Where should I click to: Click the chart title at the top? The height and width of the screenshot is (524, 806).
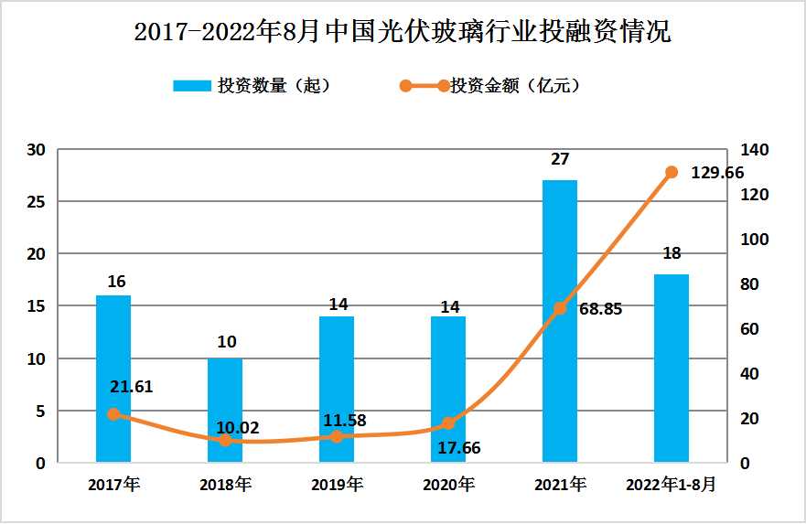pyautogui.click(x=403, y=32)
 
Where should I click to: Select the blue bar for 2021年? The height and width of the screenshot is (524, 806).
pyautogui.click(x=560, y=320)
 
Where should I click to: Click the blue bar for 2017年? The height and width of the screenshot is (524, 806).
pyautogui.click(x=113, y=379)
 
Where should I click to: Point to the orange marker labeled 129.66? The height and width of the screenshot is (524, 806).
pyautogui.click(x=672, y=172)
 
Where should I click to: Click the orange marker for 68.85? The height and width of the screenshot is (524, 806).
pyautogui.click(x=560, y=308)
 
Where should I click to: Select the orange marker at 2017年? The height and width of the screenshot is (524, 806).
pyautogui.click(x=113, y=414)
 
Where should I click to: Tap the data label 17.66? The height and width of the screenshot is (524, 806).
pyautogui.click(x=457, y=448)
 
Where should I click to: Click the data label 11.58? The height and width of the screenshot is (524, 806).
pyautogui.click(x=345, y=421)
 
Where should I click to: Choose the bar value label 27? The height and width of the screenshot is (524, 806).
pyautogui.click(x=560, y=159)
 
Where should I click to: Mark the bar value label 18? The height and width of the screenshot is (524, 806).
pyautogui.click(x=672, y=253)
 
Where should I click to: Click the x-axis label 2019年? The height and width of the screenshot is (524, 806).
pyautogui.click(x=338, y=485)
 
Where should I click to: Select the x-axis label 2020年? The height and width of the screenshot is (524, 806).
pyautogui.click(x=449, y=485)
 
